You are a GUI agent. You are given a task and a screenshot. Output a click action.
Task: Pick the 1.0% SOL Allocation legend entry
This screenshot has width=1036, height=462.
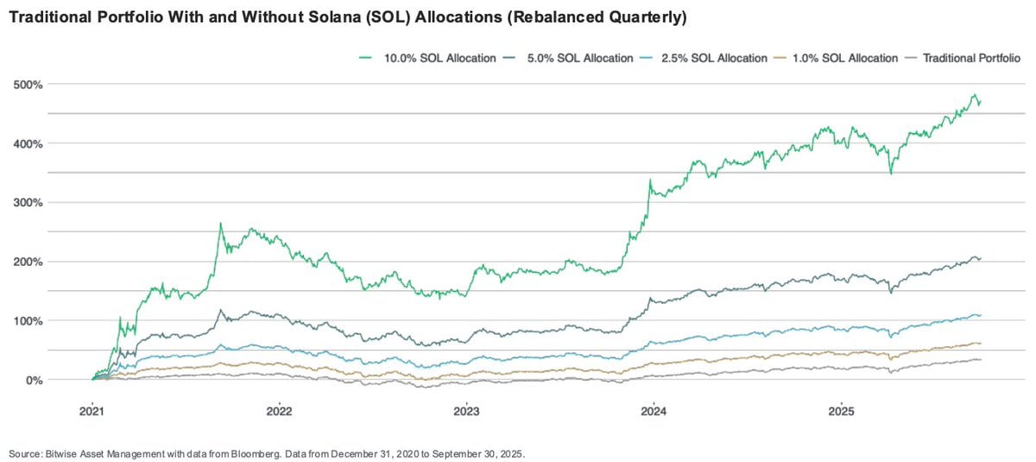(x=849, y=58)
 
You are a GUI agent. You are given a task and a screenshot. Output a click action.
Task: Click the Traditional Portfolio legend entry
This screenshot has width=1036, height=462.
(x=971, y=58)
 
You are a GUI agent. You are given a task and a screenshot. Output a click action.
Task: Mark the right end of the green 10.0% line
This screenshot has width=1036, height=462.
(x=981, y=102)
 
